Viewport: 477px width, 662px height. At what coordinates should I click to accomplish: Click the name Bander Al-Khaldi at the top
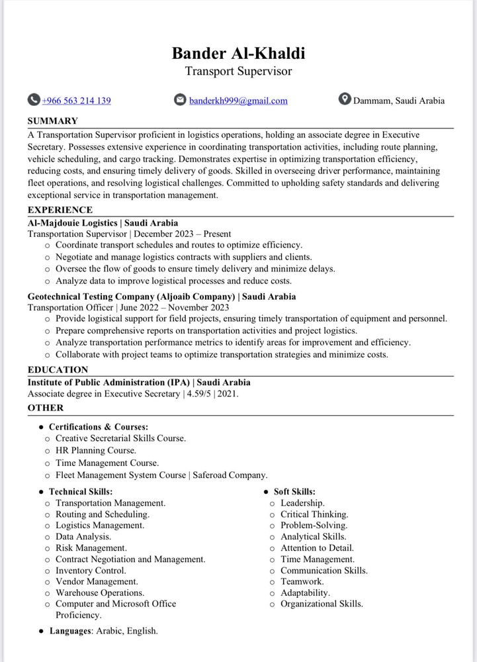click(238, 53)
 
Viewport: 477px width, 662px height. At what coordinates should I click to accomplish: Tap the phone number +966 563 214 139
click(76, 101)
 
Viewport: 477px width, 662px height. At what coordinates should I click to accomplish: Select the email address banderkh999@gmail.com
click(238, 101)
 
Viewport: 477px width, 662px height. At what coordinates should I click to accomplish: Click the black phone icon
click(34, 100)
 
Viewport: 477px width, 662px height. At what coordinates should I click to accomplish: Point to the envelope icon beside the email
click(180, 100)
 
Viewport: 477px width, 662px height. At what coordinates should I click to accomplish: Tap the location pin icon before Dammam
click(344, 99)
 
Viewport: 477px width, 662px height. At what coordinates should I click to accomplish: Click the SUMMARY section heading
click(53, 121)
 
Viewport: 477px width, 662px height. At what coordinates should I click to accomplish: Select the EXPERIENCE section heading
click(60, 211)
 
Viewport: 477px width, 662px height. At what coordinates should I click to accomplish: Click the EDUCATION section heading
click(58, 370)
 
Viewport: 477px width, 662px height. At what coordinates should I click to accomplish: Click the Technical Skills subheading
click(81, 492)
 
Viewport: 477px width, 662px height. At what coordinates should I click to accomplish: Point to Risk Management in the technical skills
click(91, 548)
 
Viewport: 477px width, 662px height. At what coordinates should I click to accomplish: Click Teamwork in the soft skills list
click(302, 582)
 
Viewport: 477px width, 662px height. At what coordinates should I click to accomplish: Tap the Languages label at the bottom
click(70, 631)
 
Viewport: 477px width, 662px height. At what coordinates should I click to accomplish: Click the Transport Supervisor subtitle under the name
click(238, 71)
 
